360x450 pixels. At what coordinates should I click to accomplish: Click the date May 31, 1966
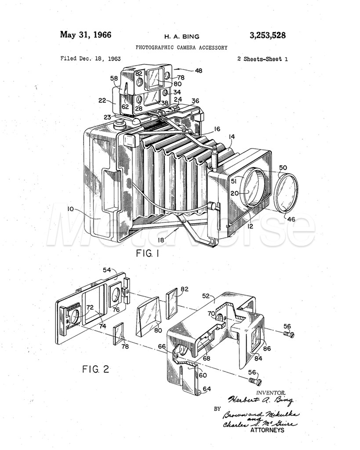[86, 35]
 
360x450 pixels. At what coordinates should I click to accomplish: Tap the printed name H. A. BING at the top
[182, 37]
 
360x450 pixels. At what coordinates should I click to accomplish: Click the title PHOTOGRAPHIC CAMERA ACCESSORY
[182, 47]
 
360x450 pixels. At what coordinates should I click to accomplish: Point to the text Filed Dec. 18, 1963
[91, 58]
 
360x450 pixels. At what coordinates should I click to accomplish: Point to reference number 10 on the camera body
[70, 209]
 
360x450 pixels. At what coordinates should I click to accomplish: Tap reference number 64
[206, 389]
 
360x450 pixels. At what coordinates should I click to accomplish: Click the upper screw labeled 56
[288, 334]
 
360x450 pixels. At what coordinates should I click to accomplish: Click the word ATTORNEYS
[267, 430]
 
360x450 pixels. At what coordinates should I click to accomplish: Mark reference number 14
[231, 137]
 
